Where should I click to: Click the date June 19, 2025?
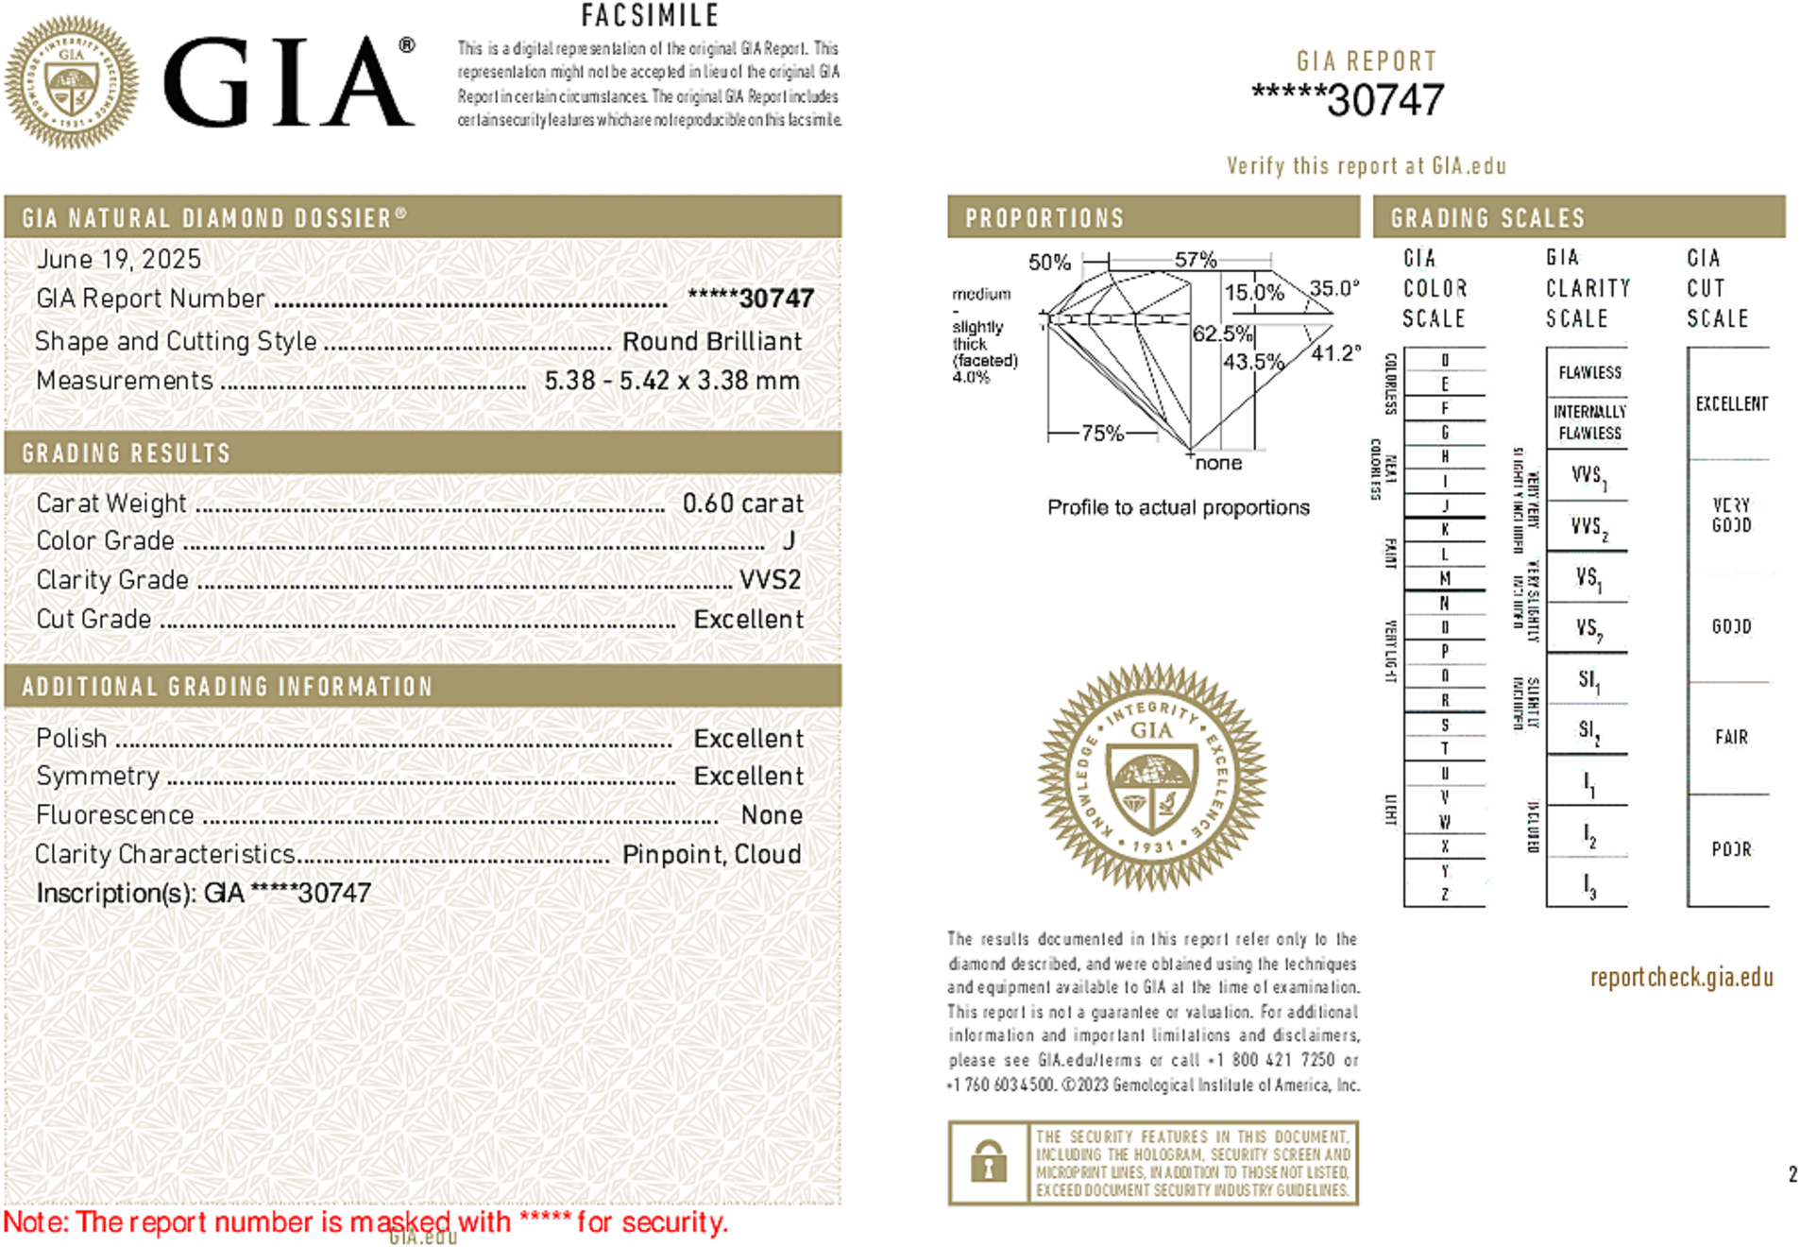118,259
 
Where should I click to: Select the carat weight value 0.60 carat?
742,504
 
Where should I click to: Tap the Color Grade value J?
789,540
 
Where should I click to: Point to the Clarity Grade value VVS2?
770,579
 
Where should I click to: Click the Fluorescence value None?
772,814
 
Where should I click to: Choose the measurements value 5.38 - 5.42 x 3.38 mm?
671,381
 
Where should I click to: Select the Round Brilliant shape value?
711,341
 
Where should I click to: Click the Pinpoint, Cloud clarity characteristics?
711,854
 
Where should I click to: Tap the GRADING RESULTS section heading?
126,453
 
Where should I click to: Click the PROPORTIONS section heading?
1044,218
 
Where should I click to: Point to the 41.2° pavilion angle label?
1335,353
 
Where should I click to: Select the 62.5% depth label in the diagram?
1222,333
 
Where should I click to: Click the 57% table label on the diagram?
1196,259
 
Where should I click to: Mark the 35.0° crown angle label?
1333,288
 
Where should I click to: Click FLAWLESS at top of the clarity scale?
1589,372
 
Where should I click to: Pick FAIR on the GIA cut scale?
1731,737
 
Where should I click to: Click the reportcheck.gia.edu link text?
1681,977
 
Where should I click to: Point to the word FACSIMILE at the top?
650,15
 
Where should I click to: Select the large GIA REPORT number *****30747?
1348,100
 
